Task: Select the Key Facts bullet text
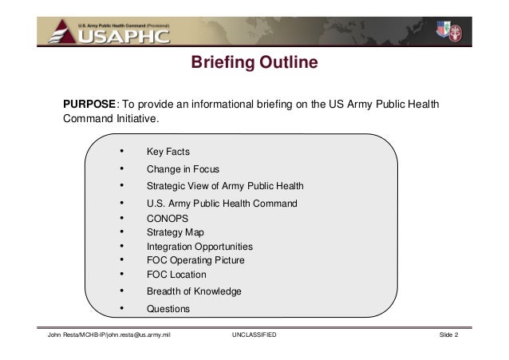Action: (168, 152)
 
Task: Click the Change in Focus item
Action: (183, 169)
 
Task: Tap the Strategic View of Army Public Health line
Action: (224, 187)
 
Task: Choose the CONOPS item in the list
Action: (168, 218)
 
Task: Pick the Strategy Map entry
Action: (176, 232)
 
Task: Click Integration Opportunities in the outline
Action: (199, 247)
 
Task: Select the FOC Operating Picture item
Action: (195, 260)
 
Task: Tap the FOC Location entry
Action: (176, 275)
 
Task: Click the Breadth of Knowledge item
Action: (194, 291)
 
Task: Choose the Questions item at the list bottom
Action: (168, 309)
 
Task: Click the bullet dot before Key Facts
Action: (120, 151)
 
